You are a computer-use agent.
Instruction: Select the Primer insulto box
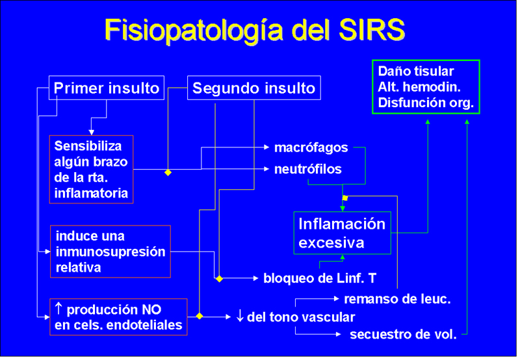[x=107, y=88]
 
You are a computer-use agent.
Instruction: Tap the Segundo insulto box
[x=253, y=88]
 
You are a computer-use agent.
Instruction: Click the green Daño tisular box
[x=426, y=87]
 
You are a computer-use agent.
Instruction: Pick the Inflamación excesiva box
[x=342, y=233]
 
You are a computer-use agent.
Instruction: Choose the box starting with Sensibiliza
[x=91, y=169]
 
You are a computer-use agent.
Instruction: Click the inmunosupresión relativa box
[x=110, y=251]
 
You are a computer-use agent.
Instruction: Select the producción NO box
[x=118, y=317]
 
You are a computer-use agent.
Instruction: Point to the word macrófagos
[x=311, y=148]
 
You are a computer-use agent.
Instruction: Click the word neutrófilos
[x=307, y=169]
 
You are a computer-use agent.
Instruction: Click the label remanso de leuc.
[x=397, y=299]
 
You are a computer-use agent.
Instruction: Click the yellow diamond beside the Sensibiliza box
[x=168, y=173]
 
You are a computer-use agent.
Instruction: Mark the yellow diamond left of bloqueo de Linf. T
[x=219, y=279]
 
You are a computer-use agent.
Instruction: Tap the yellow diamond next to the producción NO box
[x=200, y=316]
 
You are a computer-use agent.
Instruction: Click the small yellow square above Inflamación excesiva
[x=345, y=198]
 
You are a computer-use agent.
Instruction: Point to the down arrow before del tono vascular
[x=239, y=317]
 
